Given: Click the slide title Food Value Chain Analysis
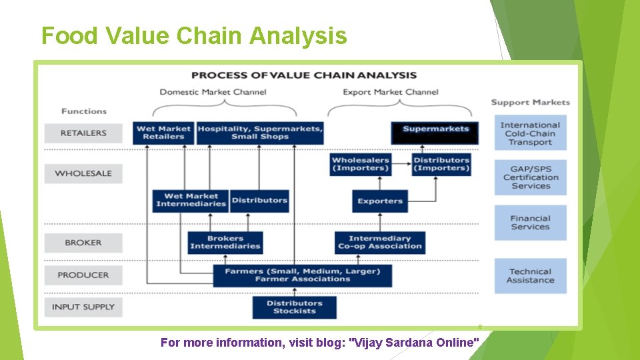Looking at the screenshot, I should coord(194,35).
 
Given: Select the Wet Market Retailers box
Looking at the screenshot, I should coord(163,133).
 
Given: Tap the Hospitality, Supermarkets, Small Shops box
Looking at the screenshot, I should coord(260,133).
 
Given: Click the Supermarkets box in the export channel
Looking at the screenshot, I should coord(435,132).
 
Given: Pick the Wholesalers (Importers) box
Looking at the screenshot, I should coord(360,164).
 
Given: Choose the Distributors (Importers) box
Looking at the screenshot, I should coord(441,164).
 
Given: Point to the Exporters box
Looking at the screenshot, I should coord(379,201).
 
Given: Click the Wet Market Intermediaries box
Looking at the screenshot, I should coord(191,200).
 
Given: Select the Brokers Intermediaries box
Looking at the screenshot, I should coord(225,243).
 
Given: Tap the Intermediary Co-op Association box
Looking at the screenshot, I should coord(380,243).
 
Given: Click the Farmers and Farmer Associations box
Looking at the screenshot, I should coord(302,275).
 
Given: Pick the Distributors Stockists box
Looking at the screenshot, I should coord(294,307).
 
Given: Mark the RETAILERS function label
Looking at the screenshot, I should coord(83,133).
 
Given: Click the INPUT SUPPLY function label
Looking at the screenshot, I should coord(84,307).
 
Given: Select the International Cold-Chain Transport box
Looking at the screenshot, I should coord(530,133).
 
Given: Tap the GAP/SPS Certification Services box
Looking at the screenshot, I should coord(530,177).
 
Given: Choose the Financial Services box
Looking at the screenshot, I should coord(530,223).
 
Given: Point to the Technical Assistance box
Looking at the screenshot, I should coord(530,276).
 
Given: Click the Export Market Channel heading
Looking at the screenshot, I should coord(391,92).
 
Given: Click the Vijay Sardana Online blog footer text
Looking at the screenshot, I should coord(320,343).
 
